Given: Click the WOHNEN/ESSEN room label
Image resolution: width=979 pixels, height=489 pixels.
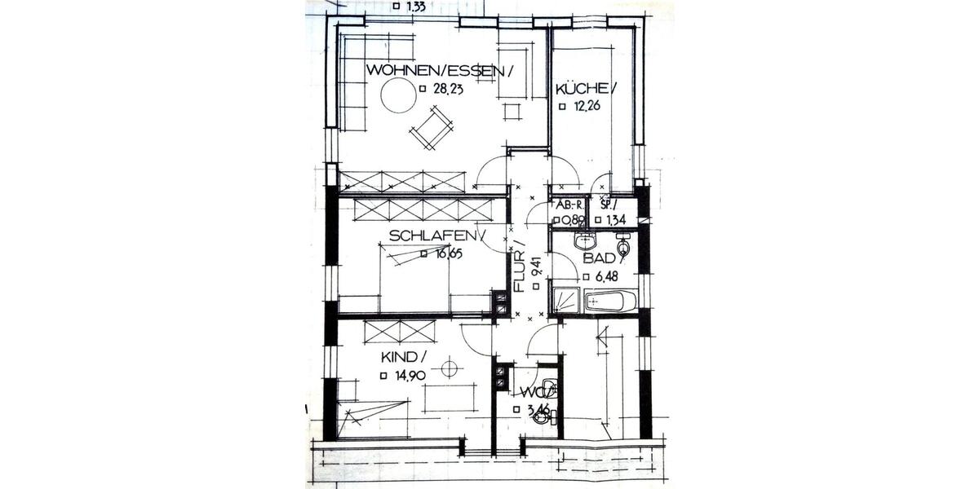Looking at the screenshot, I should tap(439, 71).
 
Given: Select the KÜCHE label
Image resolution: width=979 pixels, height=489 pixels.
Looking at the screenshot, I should tap(583, 89).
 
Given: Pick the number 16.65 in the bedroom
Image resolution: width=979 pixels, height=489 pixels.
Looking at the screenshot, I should tap(448, 253).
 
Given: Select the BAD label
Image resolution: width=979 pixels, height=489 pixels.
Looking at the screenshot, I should tap(601, 259).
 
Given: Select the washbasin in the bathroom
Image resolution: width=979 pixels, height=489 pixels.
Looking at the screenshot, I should tap(583, 240).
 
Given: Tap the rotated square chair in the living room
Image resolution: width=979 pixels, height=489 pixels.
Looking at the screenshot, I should tap(431, 129).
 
